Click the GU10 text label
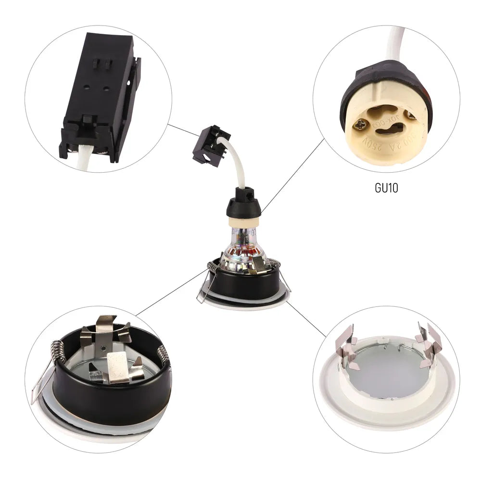coord(386,187)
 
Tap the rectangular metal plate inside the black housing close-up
coord(118,367)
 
